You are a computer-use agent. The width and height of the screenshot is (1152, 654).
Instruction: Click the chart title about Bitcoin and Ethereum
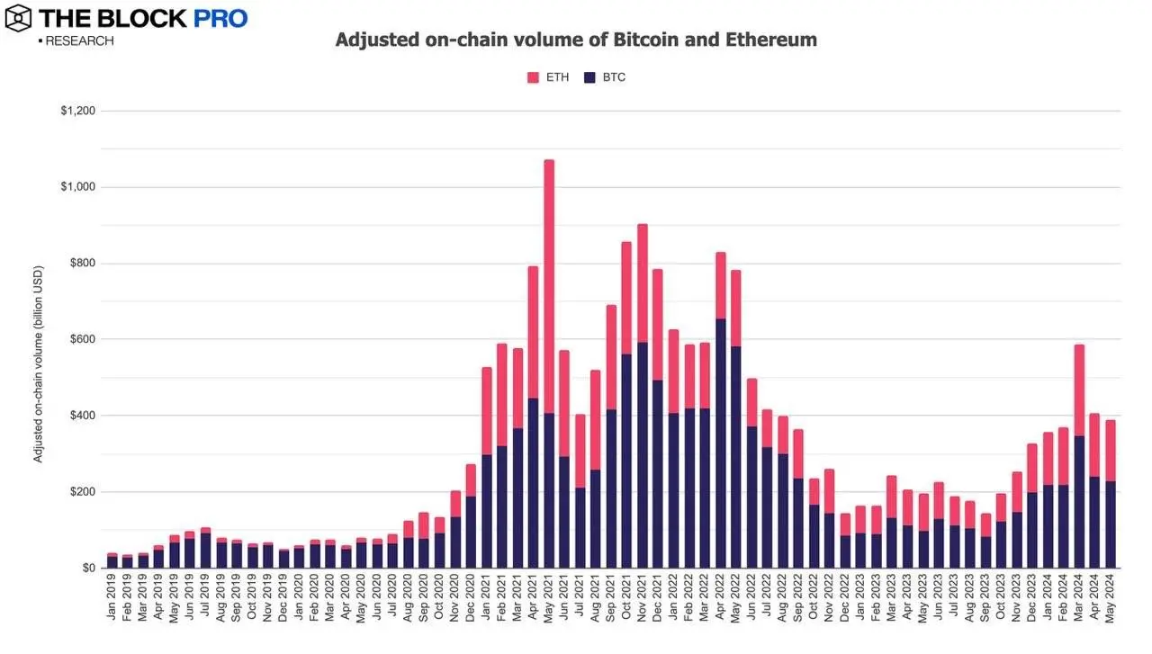click(576, 40)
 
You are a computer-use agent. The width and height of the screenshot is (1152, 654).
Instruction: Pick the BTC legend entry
click(604, 77)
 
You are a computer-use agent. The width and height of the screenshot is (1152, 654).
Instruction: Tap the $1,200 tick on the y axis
click(76, 112)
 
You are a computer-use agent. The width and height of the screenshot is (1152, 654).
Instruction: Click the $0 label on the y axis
click(87, 569)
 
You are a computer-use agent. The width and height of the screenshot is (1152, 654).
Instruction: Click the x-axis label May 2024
click(1111, 601)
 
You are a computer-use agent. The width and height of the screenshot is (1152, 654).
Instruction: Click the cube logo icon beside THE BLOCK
click(17, 17)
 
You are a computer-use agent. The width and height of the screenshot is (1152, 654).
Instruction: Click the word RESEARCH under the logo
click(79, 40)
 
